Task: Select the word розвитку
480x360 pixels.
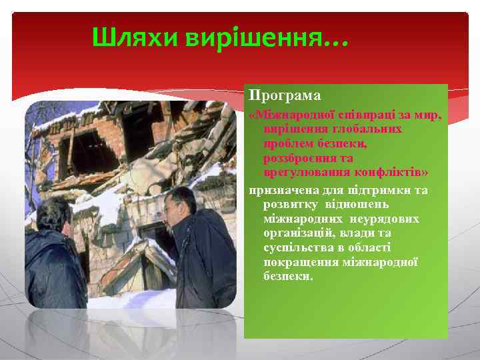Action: click(287, 205)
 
